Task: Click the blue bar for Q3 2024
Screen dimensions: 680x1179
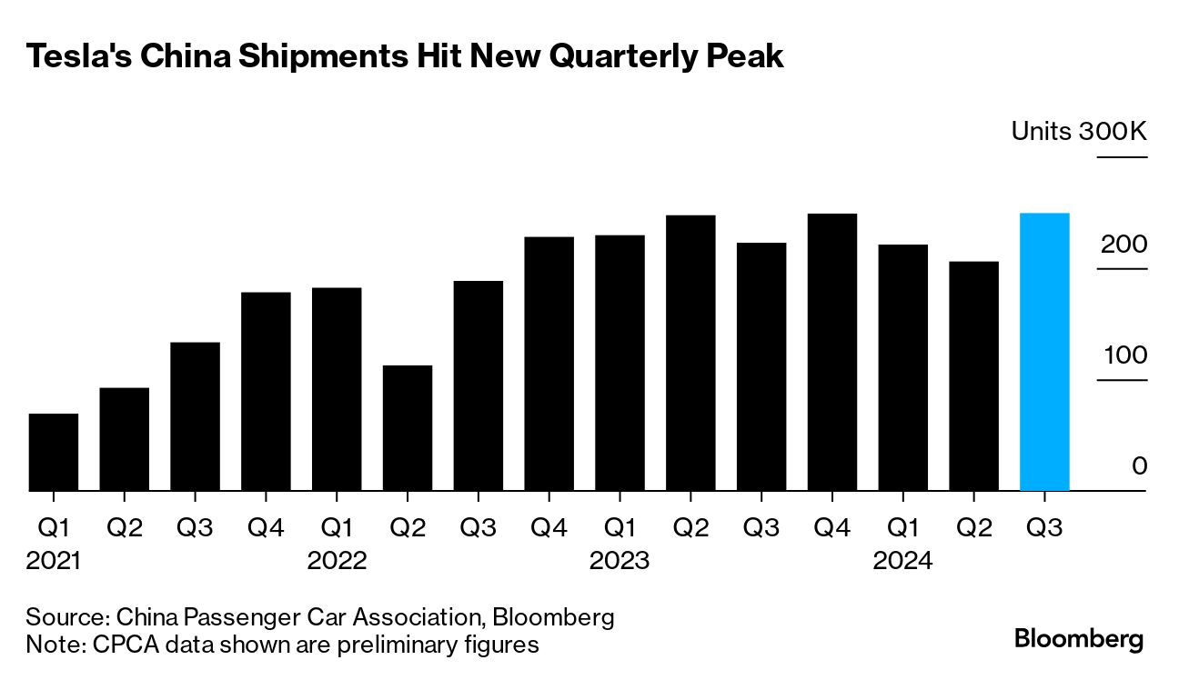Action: (x=1044, y=352)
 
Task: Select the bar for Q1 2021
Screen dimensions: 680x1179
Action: (x=54, y=452)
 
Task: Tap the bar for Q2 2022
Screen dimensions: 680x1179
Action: (x=408, y=428)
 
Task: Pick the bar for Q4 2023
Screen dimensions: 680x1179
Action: (x=832, y=352)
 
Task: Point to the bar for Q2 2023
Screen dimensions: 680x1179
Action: (x=690, y=353)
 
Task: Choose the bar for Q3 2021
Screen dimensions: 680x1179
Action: (x=196, y=416)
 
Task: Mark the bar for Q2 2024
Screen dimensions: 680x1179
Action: (x=973, y=376)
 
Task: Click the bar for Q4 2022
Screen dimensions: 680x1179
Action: (x=549, y=364)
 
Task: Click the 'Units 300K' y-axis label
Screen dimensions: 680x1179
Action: (x=1079, y=132)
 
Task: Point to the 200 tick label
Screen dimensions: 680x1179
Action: (x=1124, y=245)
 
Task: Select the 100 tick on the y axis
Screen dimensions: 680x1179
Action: (x=1125, y=355)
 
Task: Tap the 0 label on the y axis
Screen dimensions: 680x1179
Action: (x=1139, y=465)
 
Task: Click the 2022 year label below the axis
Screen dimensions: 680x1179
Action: (x=337, y=561)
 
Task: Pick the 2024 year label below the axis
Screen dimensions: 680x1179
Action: (x=902, y=561)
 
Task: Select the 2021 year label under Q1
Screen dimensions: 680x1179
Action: (x=54, y=561)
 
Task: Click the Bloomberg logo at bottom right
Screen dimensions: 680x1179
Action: (x=1079, y=638)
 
